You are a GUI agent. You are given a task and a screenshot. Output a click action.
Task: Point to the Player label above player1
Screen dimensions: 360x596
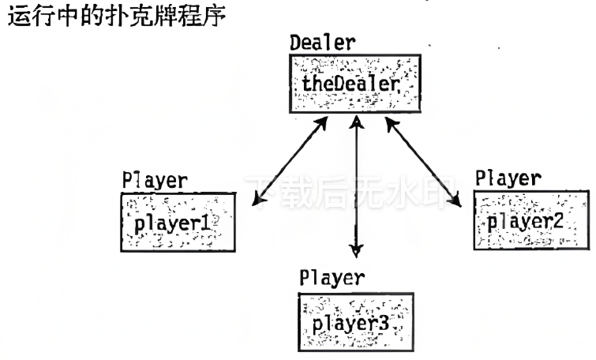tap(154, 180)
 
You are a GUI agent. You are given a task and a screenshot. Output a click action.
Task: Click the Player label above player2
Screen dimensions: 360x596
tap(508, 178)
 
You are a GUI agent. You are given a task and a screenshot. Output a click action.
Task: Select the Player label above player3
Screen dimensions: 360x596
tap(332, 278)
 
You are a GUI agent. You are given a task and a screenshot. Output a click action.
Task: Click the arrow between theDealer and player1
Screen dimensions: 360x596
tap(290, 161)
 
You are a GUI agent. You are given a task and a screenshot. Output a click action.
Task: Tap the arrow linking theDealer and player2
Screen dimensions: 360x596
tap(422, 161)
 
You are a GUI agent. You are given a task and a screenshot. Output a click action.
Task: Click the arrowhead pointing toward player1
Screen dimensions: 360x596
tap(256, 204)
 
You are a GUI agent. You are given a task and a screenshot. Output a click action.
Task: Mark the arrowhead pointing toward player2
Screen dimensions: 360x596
tap(455, 203)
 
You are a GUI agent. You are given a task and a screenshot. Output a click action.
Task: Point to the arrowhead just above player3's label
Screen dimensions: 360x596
tap(357, 251)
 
